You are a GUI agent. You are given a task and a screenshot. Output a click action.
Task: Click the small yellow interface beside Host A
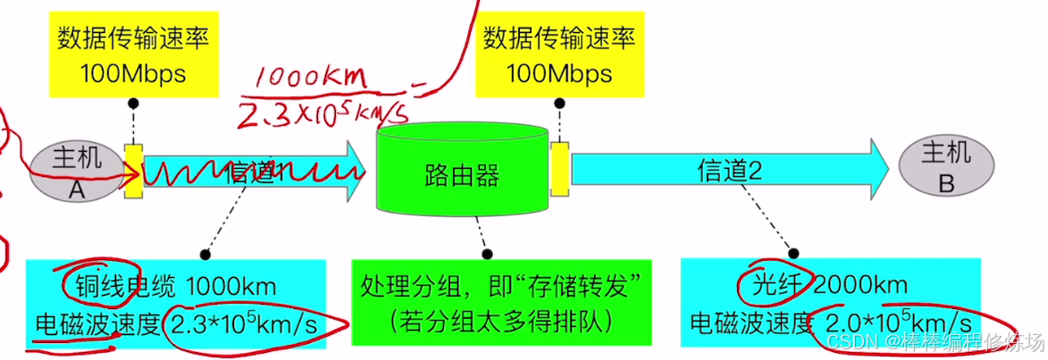(x=133, y=170)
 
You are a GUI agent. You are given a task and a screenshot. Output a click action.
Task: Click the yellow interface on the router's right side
(x=559, y=168)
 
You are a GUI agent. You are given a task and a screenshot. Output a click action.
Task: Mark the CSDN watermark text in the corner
(x=933, y=342)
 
